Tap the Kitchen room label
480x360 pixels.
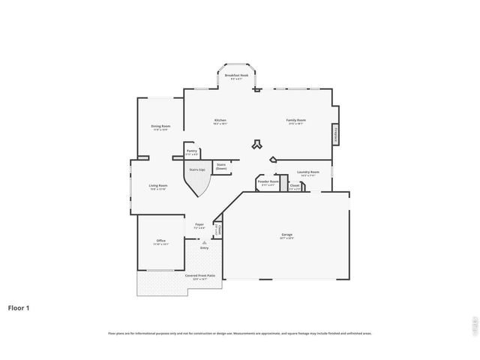220,121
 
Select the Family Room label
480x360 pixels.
295,121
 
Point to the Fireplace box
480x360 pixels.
335,134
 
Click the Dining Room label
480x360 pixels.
160,127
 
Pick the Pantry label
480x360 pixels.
192,152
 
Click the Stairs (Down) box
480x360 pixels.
221,166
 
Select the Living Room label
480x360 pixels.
157,187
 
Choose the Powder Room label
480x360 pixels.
268,182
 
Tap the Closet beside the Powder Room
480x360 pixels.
295,187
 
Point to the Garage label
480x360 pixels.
286,236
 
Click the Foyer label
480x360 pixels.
199,225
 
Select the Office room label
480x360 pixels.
160,241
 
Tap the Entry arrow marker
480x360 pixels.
203,242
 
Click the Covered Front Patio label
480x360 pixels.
200,276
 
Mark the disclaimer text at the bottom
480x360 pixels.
239,333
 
